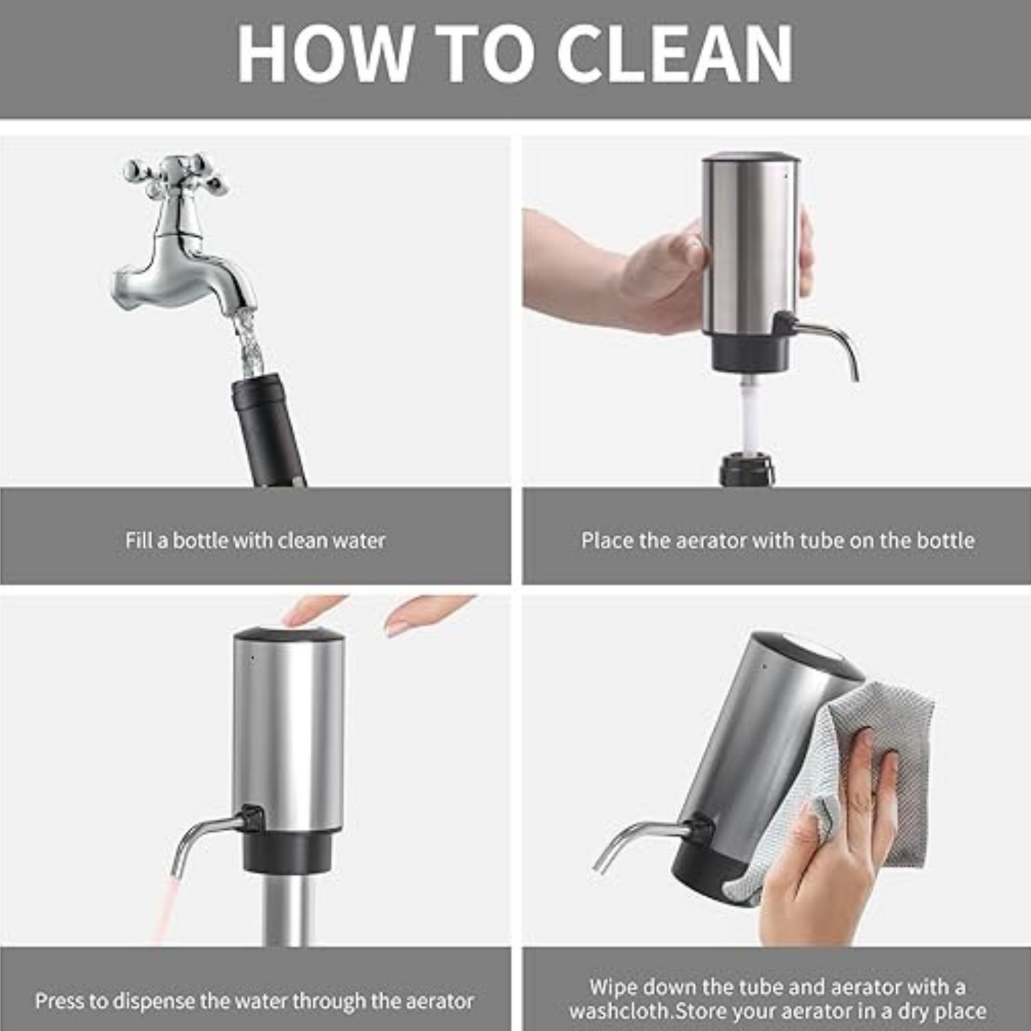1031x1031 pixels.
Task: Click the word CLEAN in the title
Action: point(674,55)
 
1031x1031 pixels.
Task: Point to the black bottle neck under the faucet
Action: point(267,428)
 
